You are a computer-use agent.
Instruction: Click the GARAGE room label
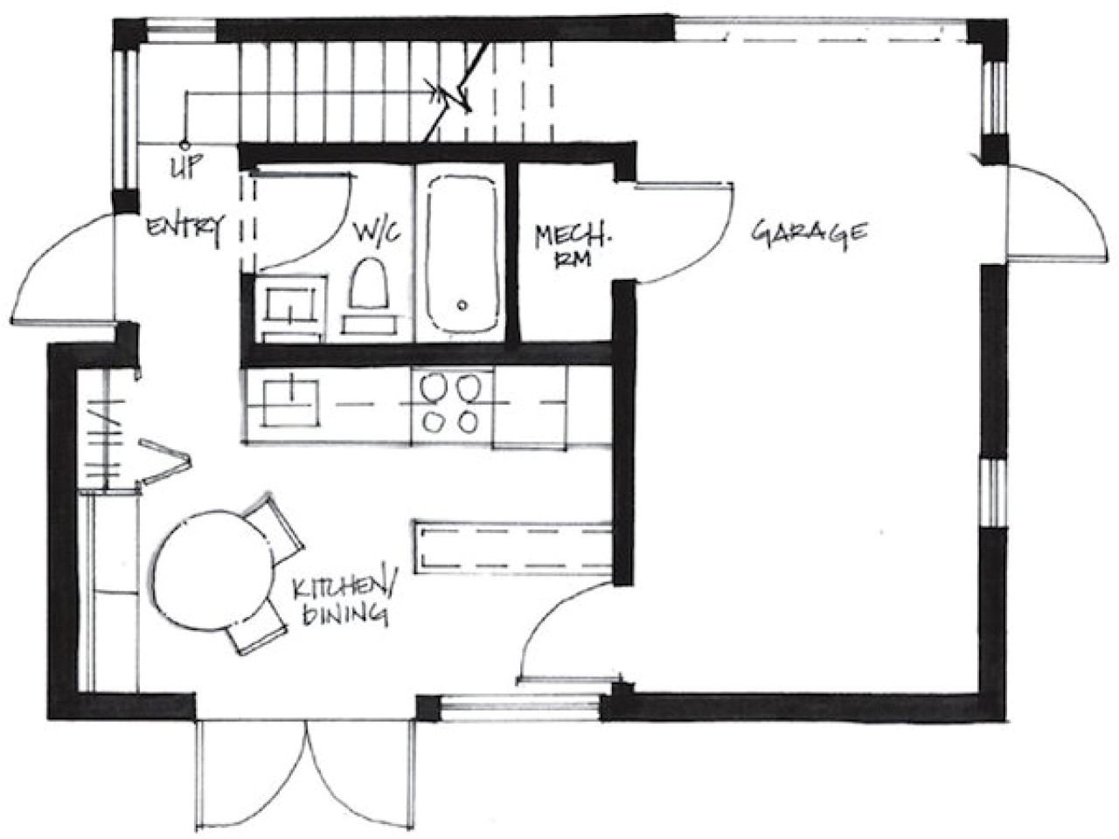click(x=810, y=233)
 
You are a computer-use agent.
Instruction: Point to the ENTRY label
click(x=184, y=227)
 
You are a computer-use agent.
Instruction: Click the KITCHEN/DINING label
click(x=342, y=600)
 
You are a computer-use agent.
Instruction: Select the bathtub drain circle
click(x=462, y=306)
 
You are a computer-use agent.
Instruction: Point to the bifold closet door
click(x=162, y=459)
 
